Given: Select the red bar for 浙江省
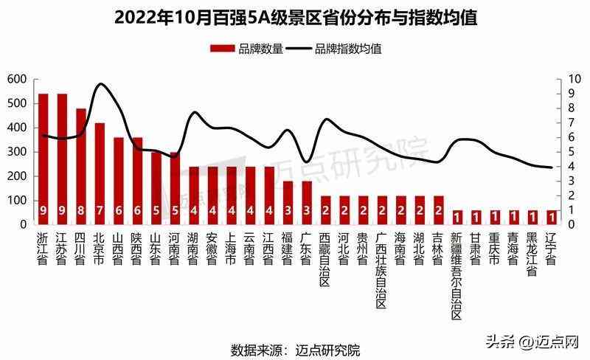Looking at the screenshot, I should [43, 159].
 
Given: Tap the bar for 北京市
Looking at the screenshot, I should [100, 173].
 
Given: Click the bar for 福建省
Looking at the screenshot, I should [288, 202].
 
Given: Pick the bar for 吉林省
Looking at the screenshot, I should [438, 210].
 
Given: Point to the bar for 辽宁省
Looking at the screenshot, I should [551, 217].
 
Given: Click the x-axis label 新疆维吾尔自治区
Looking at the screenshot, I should [457, 276].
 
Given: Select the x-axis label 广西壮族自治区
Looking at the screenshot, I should [381, 270].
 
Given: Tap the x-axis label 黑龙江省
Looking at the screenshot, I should [532, 255].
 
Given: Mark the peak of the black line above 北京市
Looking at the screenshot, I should [101, 84].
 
